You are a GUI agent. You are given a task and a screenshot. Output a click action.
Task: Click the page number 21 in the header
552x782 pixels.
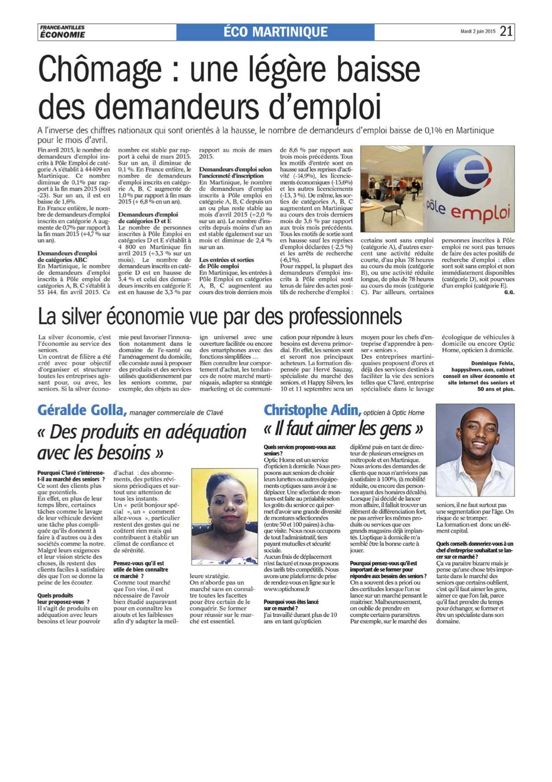(506, 31)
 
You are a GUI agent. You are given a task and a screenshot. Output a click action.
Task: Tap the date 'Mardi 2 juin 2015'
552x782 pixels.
(478, 32)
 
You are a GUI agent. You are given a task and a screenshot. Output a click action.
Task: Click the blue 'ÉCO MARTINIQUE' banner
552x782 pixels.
(275, 32)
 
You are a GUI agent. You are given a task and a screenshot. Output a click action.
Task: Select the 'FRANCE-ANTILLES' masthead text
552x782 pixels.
(62, 28)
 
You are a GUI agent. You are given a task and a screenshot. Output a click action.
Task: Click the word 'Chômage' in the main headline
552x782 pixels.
(100, 69)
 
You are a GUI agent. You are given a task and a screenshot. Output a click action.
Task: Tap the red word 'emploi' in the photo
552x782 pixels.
(480, 213)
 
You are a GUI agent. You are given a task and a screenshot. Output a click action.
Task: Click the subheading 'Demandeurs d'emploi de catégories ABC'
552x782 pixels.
(67, 256)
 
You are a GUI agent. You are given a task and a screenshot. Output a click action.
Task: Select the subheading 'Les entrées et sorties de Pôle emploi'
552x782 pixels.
(226, 263)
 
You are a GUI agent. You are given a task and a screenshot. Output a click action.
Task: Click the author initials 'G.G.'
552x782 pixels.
(509, 292)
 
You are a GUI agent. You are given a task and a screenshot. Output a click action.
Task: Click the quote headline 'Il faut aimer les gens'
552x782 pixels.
(343, 429)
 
